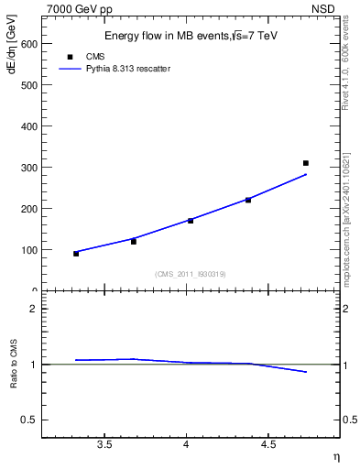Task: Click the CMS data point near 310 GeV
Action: point(306,163)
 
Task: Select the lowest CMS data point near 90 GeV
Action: point(76,254)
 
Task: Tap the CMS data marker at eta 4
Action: point(191,221)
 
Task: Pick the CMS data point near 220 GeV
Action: point(248,200)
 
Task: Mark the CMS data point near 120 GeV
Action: point(134,242)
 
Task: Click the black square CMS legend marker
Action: point(70,56)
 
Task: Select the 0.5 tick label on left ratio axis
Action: point(29,420)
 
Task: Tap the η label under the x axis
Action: point(334,455)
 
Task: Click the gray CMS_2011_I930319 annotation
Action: point(191,274)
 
